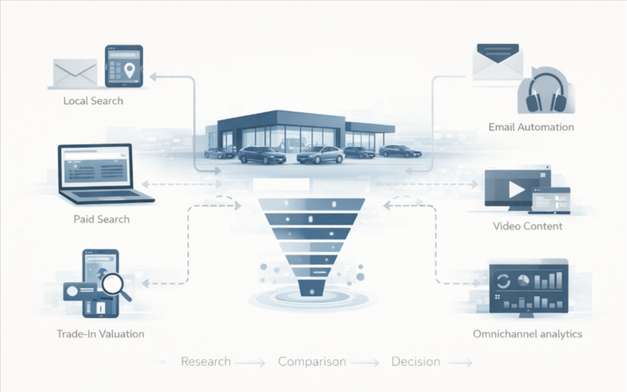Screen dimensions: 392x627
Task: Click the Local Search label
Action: point(93,101)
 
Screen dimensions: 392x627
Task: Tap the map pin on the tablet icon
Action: point(131,70)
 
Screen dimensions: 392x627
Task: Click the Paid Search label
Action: point(102,219)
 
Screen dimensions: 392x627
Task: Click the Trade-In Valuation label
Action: point(100,334)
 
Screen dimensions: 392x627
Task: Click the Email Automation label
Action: point(531,127)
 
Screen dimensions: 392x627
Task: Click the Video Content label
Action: point(527,226)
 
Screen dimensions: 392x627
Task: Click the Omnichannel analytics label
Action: point(527,334)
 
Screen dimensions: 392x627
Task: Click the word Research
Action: point(206,361)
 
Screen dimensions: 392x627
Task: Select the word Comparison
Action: point(312,361)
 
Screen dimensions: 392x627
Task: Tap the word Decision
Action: point(416,361)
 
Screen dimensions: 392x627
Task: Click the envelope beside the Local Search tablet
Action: point(75,73)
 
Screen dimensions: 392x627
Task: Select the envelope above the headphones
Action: point(497,62)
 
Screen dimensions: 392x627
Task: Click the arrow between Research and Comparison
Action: point(251,364)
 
